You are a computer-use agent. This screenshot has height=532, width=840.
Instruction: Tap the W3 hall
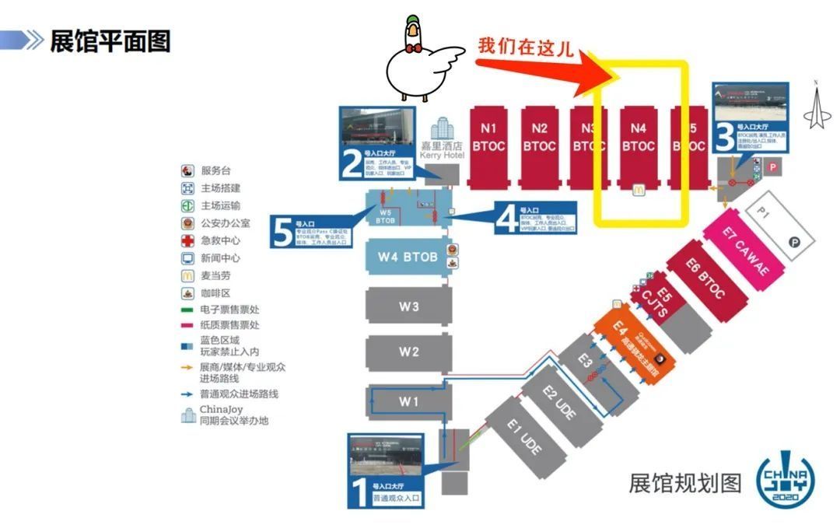[409, 306]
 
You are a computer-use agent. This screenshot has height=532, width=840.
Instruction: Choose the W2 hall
[409, 352]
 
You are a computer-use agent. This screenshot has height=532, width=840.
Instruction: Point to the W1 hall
[409, 401]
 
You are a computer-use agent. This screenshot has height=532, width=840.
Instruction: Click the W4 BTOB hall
[408, 257]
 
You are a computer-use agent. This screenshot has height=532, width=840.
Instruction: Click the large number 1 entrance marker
[360, 493]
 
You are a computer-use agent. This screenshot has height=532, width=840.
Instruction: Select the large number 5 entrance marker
[282, 231]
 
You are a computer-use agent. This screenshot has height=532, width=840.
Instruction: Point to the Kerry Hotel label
[441, 150]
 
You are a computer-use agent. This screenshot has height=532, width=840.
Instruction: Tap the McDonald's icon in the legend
[187, 275]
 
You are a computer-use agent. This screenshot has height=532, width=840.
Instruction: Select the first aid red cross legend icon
[187, 240]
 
